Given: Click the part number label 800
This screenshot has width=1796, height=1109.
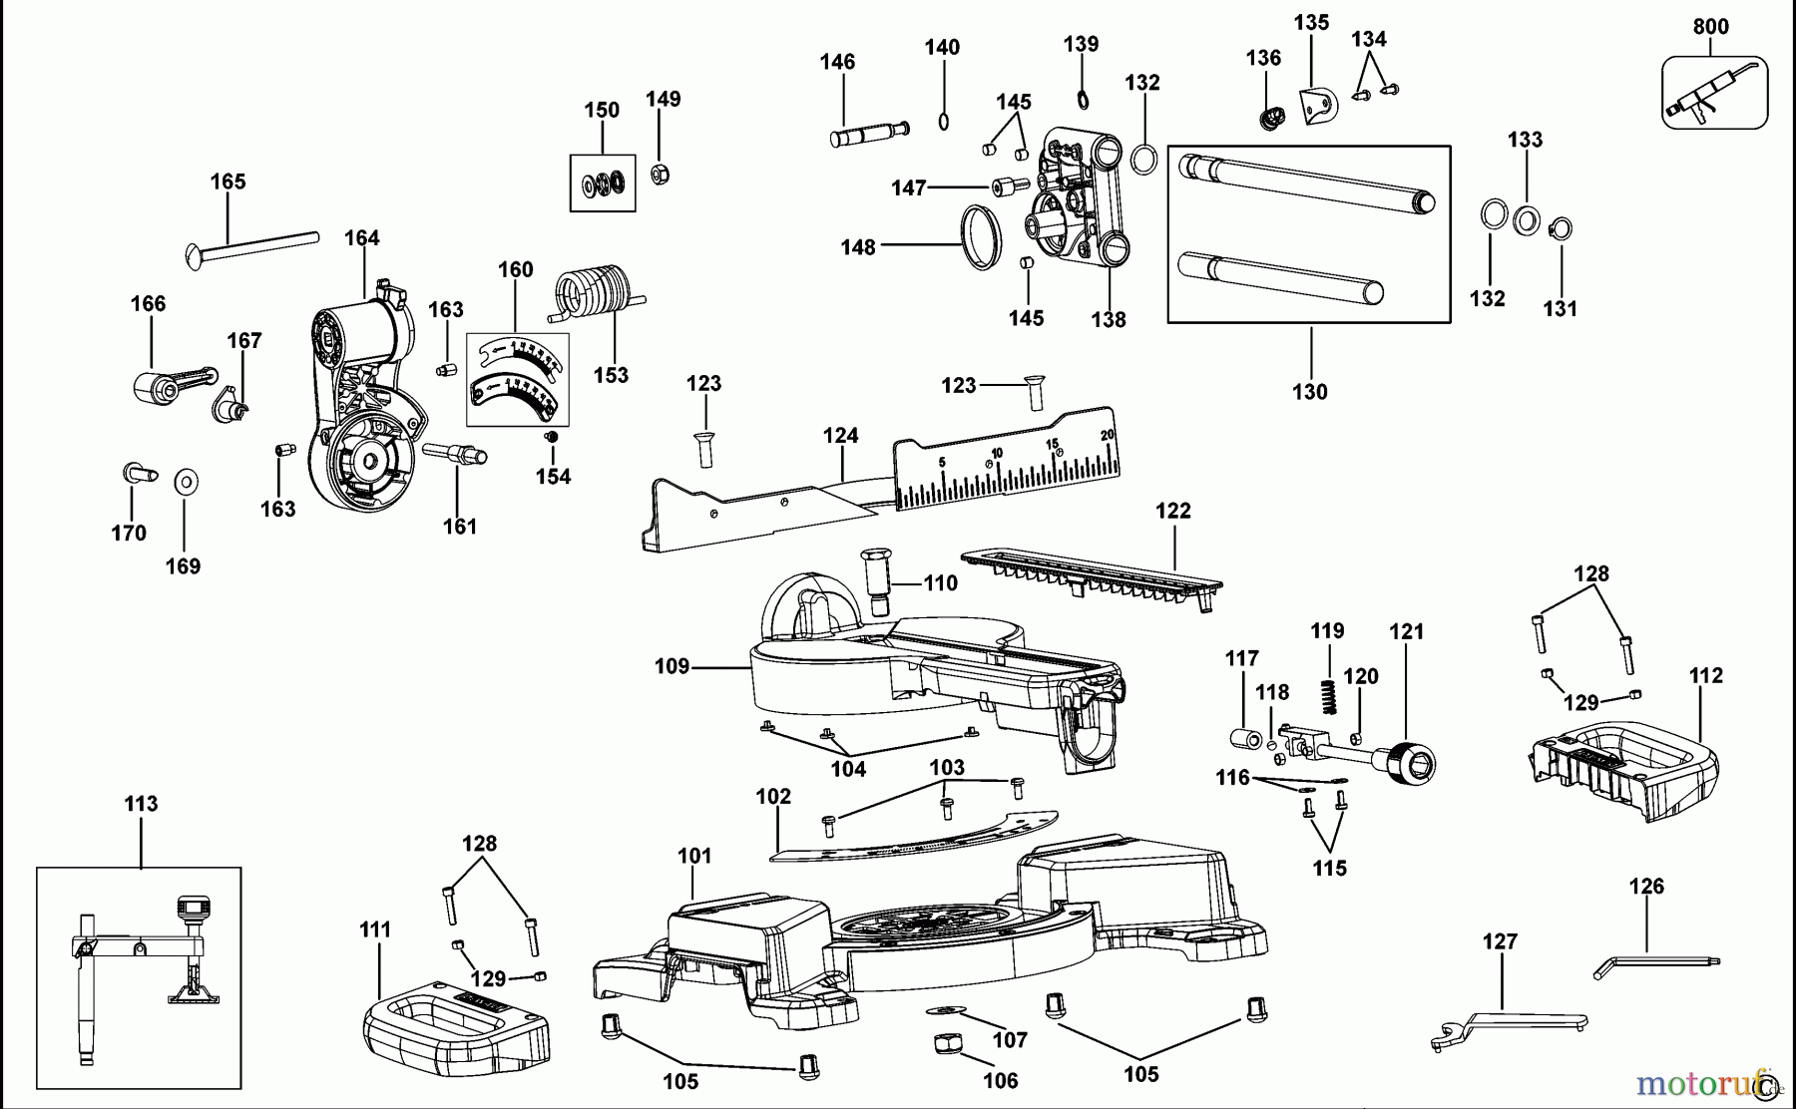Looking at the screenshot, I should point(1710,27).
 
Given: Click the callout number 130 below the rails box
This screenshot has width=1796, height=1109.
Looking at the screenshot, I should point(1310,392).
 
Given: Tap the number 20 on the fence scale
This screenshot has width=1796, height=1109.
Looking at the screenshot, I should point(1107,434).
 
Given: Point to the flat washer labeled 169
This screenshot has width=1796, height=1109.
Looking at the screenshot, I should point(186,483).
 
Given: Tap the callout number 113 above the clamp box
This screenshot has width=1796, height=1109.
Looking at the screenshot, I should point(141,804).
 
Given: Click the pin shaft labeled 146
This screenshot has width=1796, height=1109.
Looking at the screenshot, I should point(868,134).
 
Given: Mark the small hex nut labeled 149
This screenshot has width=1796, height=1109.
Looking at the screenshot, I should point(659,175).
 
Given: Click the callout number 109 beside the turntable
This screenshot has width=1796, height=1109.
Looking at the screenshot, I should point(672,666).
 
